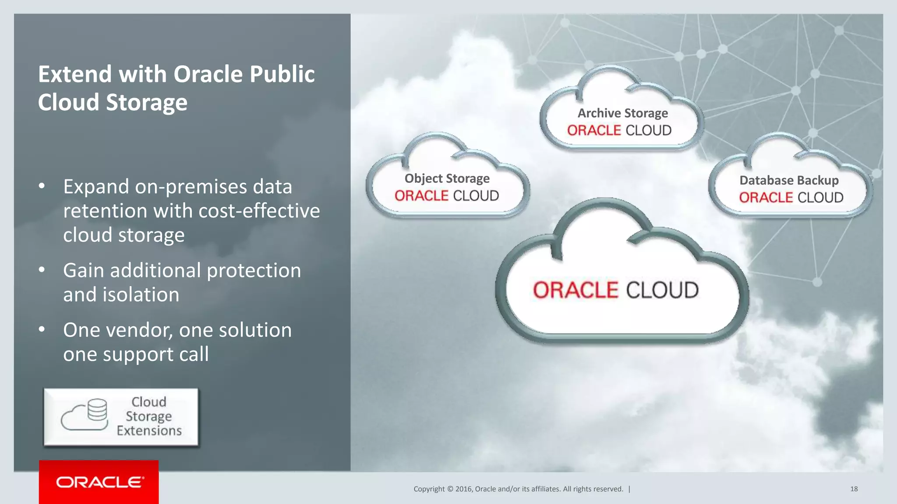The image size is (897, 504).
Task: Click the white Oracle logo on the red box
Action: (x=99, y=482)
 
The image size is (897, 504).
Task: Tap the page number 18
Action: (x=854, y=489)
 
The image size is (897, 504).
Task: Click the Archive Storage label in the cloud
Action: (x=622, y=113)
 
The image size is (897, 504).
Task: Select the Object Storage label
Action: (x=447, y=178)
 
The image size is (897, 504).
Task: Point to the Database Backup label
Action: (x=789, y=180)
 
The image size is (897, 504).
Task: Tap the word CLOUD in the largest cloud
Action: (x=662, y=290)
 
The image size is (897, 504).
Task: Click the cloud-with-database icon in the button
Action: (x=85, y=415)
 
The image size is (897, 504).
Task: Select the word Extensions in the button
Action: (x=149, y=431)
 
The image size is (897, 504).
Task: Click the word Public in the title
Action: (x=282, y=74)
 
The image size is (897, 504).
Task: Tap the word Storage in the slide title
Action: (x=146, y=102)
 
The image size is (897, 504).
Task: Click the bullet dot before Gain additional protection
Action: (x=42, y=270)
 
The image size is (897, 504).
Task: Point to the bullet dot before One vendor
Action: (x=42, y=329)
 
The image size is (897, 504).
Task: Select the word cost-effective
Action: (x=259, y=211)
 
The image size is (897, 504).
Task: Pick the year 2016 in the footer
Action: (x=463, y=489)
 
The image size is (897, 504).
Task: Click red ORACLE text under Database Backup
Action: (x=766, y=198)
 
